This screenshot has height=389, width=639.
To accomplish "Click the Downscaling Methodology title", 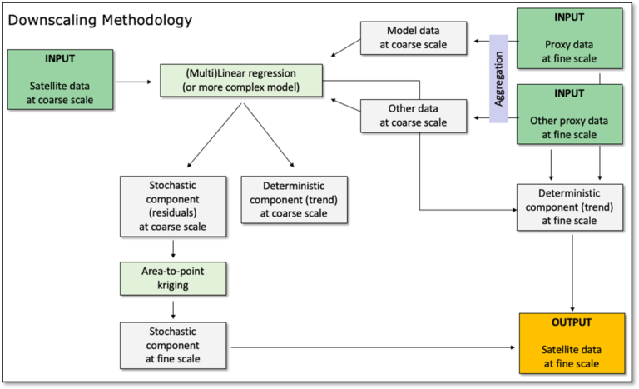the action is [x=100, y=21].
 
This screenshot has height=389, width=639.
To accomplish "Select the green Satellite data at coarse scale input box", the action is [x=60, y=80].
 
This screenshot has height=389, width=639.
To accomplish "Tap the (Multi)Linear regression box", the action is [x=241, y=81].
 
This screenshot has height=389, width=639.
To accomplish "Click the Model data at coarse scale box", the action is [x=414, y=38].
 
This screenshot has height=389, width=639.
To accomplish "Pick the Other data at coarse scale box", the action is [x=414, y=116].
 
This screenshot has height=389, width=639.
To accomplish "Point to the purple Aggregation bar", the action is [x=499, y=79].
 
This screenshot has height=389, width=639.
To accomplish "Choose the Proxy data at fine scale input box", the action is [x=570, y=38].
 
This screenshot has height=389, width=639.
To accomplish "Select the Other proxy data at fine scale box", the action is [x=570, y=114].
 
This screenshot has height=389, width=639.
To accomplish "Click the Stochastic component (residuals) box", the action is [x=173, y=206].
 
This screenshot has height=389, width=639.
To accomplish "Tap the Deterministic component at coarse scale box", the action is [x=295, y=200].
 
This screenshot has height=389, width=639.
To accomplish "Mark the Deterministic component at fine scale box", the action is [x=570, y=207].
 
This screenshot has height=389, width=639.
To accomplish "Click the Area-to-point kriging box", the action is [x=173, y=278].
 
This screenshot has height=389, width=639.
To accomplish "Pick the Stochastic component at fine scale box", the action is [x=173, y=346].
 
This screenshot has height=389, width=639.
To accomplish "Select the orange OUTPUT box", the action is [x=572, y=343].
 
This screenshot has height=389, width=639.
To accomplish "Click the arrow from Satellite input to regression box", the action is [x=134, y=82].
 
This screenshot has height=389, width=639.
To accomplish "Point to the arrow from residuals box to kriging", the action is [x=173, y=249].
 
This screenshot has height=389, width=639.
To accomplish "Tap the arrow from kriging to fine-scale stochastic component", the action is [x=173, y=310].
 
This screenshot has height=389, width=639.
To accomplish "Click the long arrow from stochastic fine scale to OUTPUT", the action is [x=373, y=347].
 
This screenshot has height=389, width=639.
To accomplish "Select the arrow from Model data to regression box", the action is [x=345, y=47].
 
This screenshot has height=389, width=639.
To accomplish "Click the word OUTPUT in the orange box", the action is [x=572, y=322].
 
